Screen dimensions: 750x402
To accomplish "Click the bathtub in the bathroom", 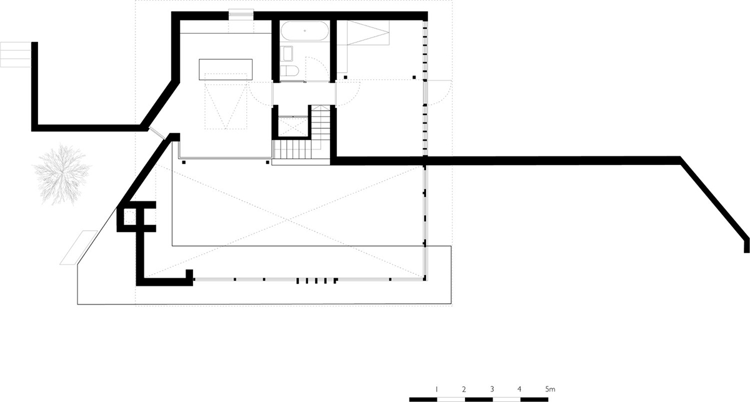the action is (x=305, y=31).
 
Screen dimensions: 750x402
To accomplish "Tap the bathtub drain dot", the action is (x=305, y=31).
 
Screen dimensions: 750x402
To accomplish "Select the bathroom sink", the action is (x=287, y=54).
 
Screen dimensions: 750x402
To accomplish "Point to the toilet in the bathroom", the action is (x=289, y=71).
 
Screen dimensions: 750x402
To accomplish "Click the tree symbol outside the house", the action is (x=62, y=174).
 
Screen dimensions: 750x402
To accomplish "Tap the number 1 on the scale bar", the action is (x=436, y=389).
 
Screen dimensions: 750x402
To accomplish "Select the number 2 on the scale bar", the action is (x=464, y=389).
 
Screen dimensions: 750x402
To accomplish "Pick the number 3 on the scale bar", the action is (x=492, y=389).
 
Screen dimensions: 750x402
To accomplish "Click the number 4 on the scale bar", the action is (x=519, y=389).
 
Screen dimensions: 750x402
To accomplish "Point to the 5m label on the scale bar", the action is (x=550, y=389).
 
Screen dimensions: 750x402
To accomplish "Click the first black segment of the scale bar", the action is (x=423, y=399).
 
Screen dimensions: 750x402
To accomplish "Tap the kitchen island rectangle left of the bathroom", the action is (x=226, y=69).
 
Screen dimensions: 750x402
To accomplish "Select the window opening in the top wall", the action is (x=241, y=15).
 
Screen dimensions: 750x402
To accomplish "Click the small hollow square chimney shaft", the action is (x=130, y=217).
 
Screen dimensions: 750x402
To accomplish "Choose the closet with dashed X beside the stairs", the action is (x=293, y=126).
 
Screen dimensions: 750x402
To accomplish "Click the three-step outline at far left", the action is (x=16, y=54).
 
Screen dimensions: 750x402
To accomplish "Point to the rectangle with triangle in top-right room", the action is (x=368, y=33).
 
